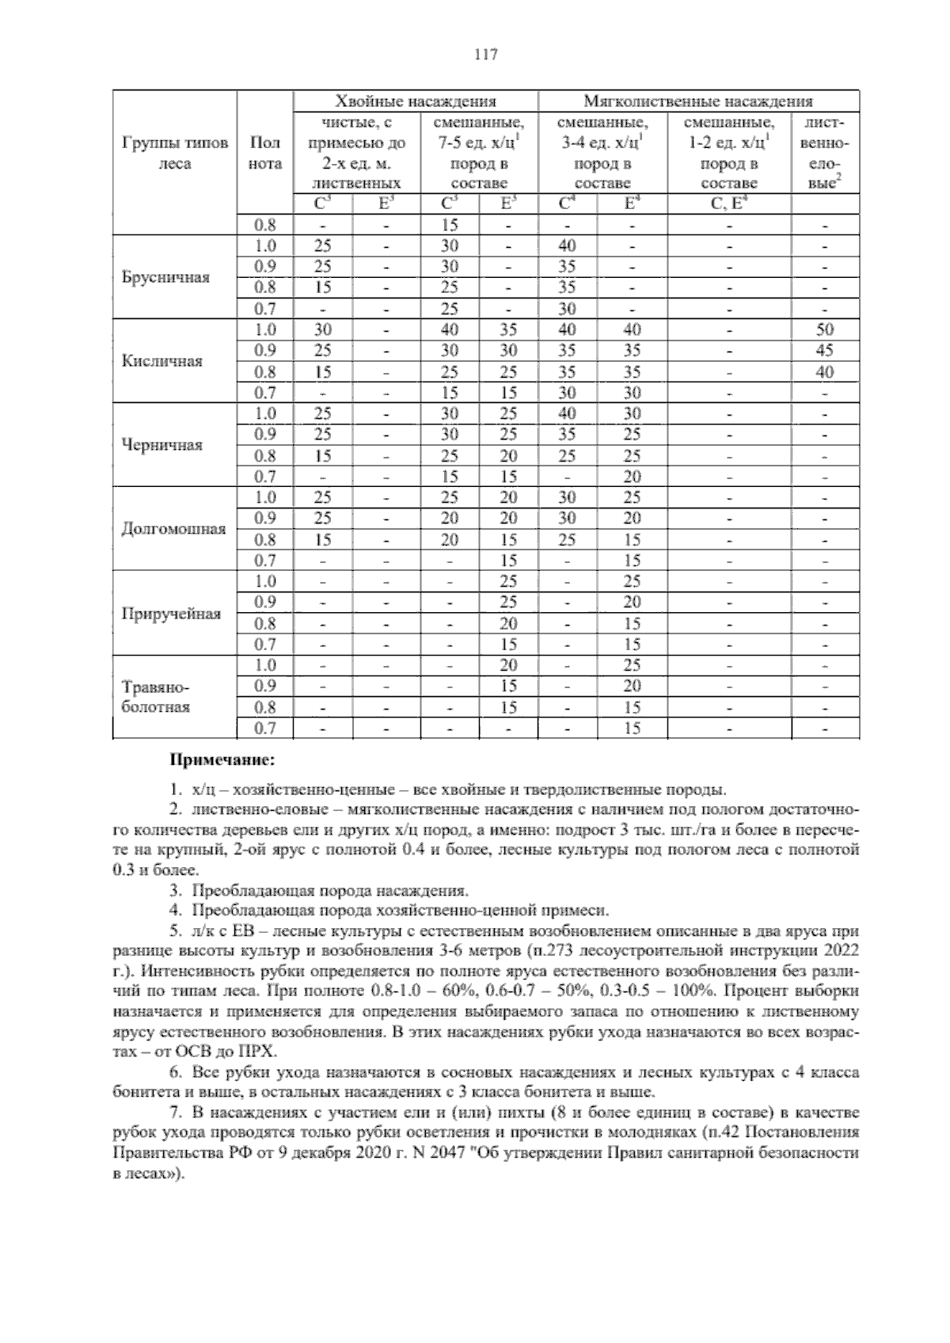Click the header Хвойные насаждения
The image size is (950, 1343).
click(416, 101)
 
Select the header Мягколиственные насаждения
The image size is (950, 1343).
click(698, 101)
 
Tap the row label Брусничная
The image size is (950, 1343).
click(166, 277)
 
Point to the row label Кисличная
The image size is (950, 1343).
click(162, 361)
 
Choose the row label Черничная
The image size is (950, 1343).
click(162, 445)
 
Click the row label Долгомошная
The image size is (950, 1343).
click(173, 529)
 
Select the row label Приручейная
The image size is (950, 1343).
click(170, 614)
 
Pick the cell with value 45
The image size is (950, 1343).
click(825, 351)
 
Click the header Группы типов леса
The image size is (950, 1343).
click(175, 154)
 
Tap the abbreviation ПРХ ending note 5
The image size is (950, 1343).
click(257, 1052)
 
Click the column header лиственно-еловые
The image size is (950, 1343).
click(825, 154)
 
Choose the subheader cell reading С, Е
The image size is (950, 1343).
click(729, 204)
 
